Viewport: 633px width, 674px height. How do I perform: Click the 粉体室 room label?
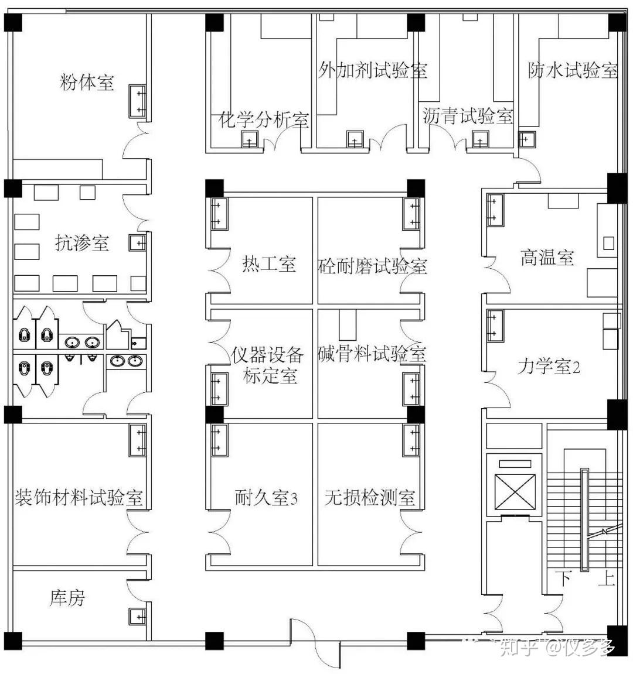click(x=87, y=81)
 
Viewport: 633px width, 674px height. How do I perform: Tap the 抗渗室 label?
click(x=81, y=243)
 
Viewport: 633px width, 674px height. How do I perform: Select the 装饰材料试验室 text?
click(x=79, y=497)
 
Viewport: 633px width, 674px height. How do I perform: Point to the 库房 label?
click(x=67, y=597)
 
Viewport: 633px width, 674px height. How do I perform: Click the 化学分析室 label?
click(x=263, y=119)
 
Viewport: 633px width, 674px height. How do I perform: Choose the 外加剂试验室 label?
click(x=373, y=70)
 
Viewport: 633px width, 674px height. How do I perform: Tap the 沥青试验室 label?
click(x=468, y=115)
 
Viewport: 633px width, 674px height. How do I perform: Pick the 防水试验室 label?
click(x=573, y=70)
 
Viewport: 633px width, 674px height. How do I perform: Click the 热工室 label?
click(x=269, y=264)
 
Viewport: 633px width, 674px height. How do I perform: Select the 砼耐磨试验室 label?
click(x=373, y=266)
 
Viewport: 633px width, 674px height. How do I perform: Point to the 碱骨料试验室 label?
click(x=372, y=354)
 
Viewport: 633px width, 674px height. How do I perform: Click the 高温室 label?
click(x=547, y=257)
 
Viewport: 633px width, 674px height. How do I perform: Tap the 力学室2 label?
click(x=549, y=367)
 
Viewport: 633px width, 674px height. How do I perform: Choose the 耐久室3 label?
click(x=266, y=497)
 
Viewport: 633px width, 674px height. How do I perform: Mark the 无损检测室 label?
click(x=370, y=497)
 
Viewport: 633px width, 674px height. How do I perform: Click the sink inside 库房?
click(x=137, y=617)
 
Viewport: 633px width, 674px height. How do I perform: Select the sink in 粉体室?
click(x=138, y=101)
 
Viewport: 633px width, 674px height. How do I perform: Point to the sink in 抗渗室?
click(x=138, y=243)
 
